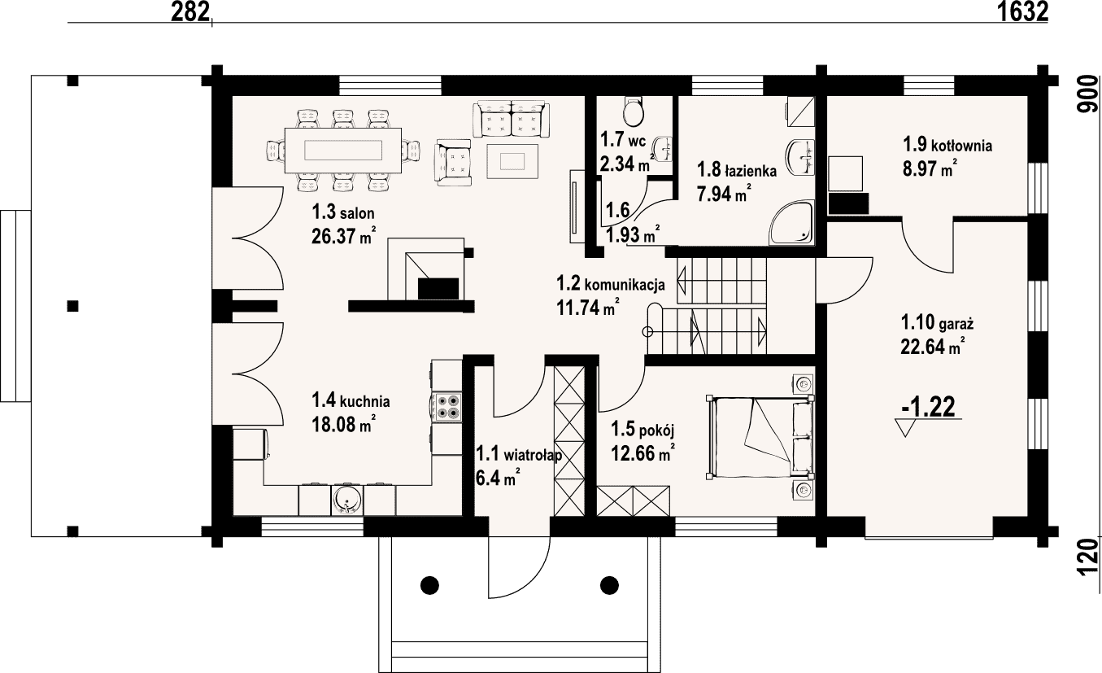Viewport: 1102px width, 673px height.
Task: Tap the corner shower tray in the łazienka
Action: tap(791, 222)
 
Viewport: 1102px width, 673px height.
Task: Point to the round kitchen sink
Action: tap(347, 500)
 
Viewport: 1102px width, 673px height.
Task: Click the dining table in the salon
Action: tap(343, 151)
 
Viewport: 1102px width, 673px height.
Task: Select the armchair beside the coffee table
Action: tap(453, 162)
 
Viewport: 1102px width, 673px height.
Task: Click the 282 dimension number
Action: tap(190, 11)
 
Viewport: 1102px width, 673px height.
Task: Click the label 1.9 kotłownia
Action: tap(947, 145)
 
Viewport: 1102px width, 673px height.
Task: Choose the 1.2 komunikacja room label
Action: tap(611, 284)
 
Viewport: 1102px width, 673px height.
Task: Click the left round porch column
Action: tap(430, 585)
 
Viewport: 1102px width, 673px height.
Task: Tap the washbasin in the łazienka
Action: tap(801, 157)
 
